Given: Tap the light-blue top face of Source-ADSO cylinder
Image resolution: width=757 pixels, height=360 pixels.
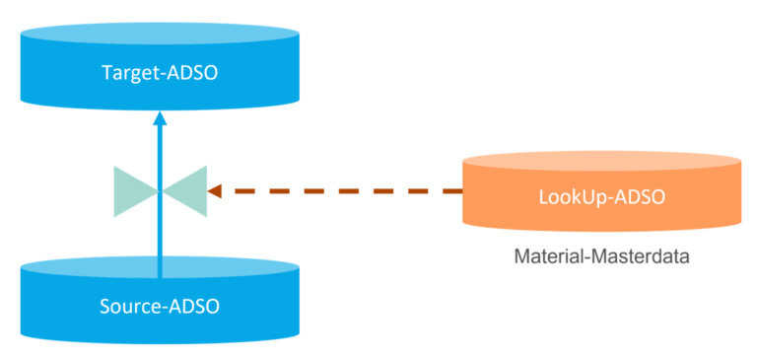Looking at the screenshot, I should click(x=99, y=267).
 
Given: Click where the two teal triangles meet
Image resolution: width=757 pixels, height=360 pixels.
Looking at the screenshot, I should click(x=160, y=190).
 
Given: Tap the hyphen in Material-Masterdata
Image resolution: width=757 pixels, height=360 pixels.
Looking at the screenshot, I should click(x=586, y=259).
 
